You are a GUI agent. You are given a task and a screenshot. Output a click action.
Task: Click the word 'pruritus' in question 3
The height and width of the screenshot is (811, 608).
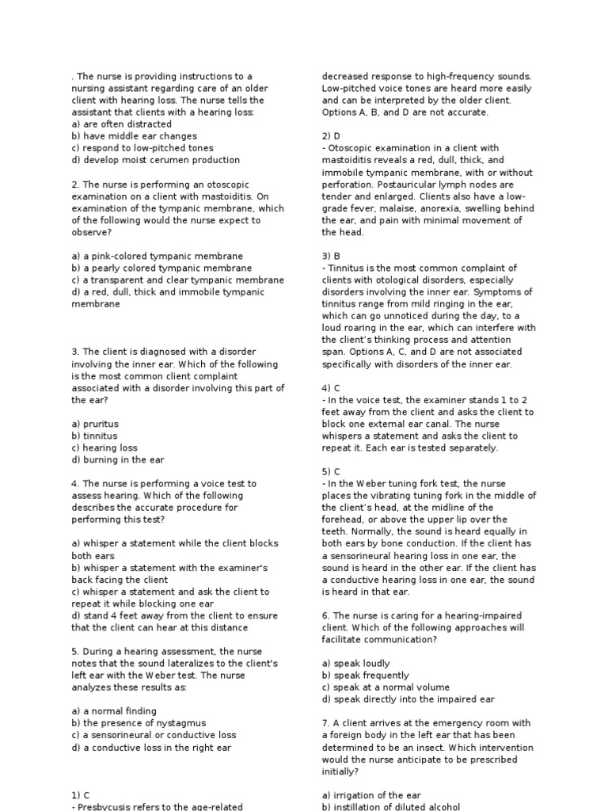pos(100,424)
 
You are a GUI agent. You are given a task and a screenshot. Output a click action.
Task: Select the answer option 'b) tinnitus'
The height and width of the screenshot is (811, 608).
pos(94,436)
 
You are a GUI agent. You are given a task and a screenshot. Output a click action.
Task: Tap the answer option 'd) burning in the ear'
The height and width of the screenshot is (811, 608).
pos(118,459)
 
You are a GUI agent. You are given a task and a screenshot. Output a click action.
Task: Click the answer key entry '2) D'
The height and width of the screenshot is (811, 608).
pos(331,136)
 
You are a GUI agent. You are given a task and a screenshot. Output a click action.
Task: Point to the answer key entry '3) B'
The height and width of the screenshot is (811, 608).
pos(331,256)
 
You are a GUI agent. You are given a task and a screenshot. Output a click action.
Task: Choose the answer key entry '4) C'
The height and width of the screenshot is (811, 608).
pos(331,388)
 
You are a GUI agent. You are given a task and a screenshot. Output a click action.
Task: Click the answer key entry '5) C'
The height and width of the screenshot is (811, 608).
pos(331,471)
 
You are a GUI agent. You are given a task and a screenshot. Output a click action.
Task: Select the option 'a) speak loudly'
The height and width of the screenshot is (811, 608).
pos(355,664)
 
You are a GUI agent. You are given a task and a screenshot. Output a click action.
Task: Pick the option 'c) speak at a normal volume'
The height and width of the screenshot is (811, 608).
pos(386,687)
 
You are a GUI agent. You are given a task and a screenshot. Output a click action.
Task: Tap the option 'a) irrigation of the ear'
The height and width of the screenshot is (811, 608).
pos(371,795)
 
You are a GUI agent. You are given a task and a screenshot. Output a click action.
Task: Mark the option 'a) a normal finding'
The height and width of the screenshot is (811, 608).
pos(114,711)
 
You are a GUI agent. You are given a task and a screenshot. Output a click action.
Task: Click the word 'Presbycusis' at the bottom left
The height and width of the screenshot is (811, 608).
pos(107,806)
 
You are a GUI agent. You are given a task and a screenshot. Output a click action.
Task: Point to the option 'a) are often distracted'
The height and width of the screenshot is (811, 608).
pos(121,124)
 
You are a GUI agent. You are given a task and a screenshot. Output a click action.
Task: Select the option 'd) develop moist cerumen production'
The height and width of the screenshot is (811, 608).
pos(155,160)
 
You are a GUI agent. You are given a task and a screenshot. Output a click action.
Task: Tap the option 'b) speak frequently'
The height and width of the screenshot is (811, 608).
pos(366,676)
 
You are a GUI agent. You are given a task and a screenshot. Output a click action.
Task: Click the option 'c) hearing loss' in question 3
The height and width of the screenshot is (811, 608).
pos(104,447)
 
